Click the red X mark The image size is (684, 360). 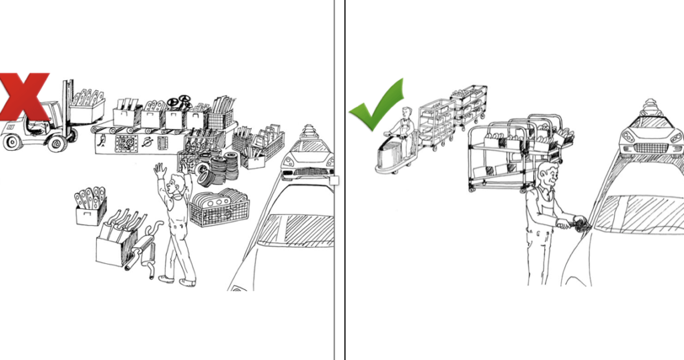point(24,96)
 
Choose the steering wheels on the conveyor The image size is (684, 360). point(180,103)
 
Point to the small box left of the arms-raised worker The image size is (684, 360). point(90,206)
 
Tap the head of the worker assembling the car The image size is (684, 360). point(548,176)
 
